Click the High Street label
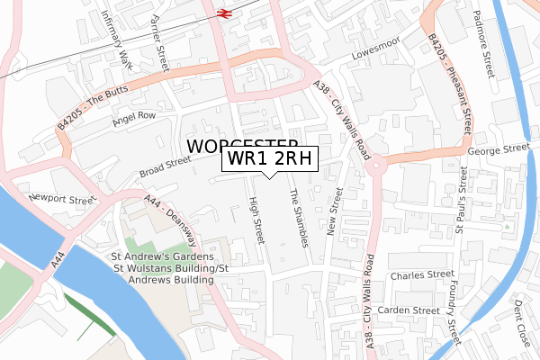[x=256, y=221]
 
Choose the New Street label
[x=336, y=211]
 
